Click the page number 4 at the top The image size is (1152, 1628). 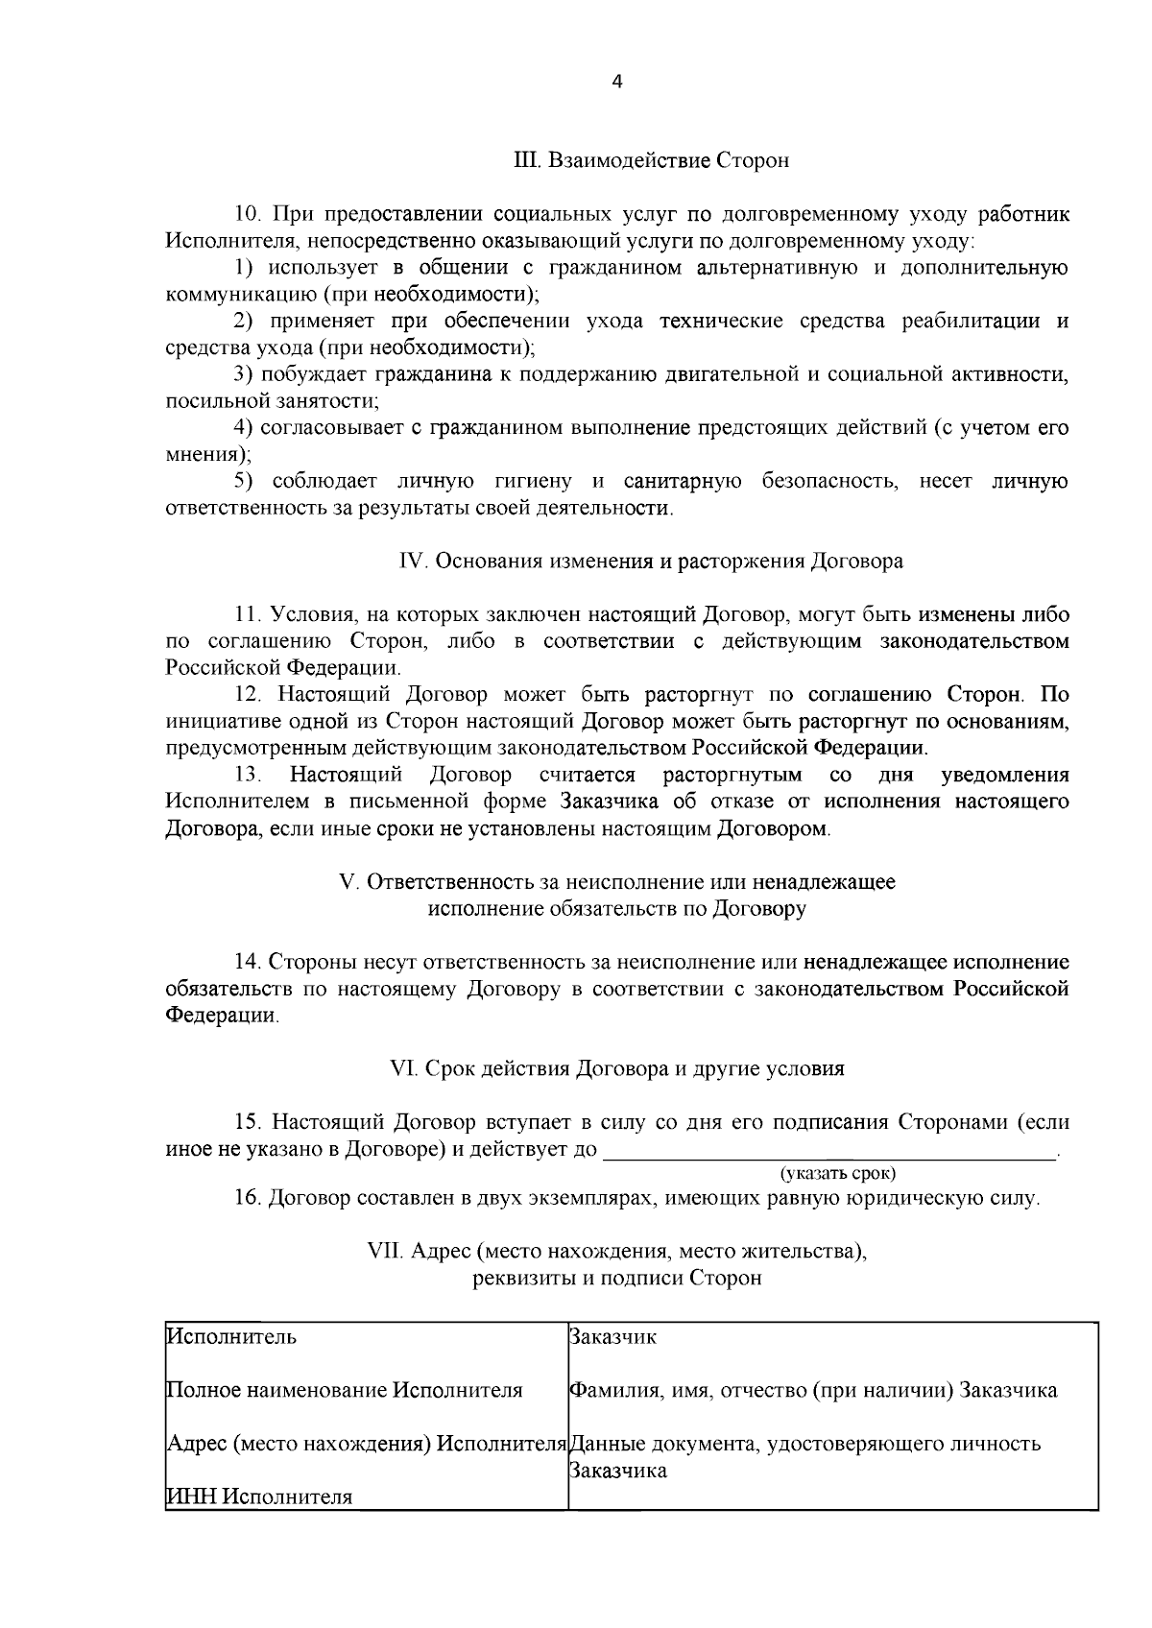617,83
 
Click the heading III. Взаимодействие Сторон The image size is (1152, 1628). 652,160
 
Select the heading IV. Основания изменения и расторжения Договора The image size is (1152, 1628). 650,561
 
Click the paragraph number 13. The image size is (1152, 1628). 249,775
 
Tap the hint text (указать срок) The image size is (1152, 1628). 838,1172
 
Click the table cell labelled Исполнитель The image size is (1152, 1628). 232,1337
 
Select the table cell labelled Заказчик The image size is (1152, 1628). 613,1337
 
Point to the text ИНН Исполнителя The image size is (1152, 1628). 259,1496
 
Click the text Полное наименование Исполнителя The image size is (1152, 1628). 345,1390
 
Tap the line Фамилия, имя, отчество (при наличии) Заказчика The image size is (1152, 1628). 813,1390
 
